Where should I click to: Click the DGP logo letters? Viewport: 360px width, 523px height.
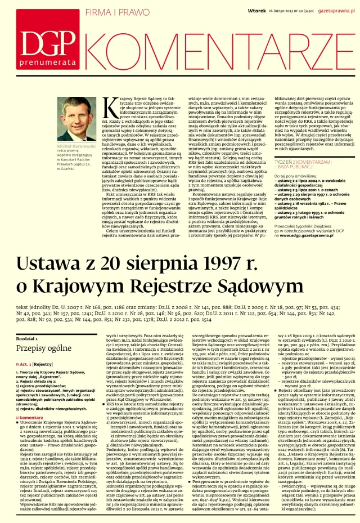(54, 39)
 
